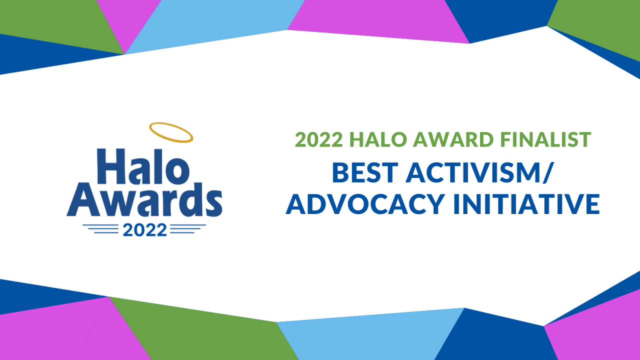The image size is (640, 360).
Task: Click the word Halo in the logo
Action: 143,166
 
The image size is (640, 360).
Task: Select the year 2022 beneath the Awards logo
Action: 145,230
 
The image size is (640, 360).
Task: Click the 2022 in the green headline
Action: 319,139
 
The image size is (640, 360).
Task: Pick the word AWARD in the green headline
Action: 454,139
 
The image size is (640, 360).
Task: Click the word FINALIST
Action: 545,139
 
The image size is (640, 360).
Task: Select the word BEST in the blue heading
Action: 365,172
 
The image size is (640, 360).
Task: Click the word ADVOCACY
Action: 365,204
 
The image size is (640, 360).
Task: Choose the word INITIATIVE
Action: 526,204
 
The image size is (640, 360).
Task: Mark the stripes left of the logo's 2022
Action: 100,229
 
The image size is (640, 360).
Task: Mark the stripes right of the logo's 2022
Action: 188,229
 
